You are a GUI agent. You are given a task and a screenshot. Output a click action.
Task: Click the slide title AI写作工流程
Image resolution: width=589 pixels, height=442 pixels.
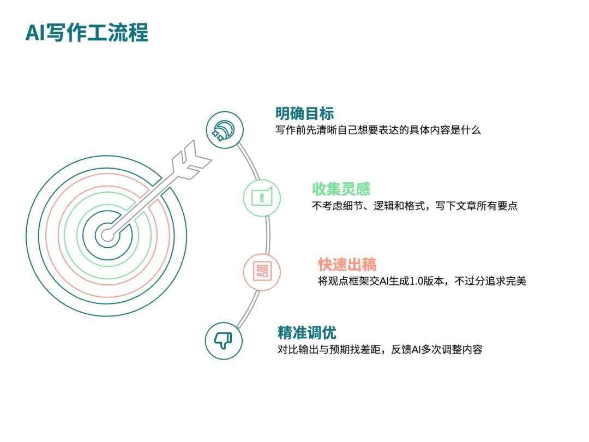point(87,32)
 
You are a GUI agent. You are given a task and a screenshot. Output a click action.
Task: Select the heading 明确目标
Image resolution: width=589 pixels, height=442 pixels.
point(305,113)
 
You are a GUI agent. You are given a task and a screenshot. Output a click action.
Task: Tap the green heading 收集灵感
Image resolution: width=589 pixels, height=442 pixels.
point(341,189)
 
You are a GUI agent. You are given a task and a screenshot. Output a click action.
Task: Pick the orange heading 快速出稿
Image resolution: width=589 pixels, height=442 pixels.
point(347,264)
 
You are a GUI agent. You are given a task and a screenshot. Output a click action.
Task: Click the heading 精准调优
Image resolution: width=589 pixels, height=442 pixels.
point(307,333)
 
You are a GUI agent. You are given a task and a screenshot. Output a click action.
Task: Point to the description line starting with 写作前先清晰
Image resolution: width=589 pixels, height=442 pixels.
point(378,130)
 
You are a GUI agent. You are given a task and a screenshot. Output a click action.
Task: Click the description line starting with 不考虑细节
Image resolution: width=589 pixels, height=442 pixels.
point(414,206)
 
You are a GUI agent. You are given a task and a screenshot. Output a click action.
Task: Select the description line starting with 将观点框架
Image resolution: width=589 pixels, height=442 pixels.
point(422,281)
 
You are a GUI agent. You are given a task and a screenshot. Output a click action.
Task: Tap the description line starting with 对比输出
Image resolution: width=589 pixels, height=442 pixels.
point(380,350)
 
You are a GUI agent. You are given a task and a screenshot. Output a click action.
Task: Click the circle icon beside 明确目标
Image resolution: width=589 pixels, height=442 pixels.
point(225,130)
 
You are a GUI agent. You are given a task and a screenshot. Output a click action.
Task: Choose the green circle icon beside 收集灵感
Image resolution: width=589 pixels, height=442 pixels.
point(262,198)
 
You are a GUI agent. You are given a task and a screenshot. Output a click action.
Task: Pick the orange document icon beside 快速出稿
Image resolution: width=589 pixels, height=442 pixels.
point(262,271)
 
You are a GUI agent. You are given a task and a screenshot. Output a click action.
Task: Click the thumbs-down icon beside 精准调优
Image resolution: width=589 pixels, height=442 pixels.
point(224,341)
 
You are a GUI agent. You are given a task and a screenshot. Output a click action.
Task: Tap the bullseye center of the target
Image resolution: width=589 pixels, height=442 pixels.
point(107,236)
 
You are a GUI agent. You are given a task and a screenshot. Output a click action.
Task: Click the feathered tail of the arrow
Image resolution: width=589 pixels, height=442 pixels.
point(191,160)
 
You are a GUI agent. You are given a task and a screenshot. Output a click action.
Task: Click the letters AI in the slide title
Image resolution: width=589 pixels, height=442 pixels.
point(35,33)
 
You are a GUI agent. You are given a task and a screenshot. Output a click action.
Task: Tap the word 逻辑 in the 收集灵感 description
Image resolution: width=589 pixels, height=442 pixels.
point(383,206)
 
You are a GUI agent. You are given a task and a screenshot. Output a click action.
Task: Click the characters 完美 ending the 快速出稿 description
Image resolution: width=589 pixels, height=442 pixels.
point(516,281)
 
